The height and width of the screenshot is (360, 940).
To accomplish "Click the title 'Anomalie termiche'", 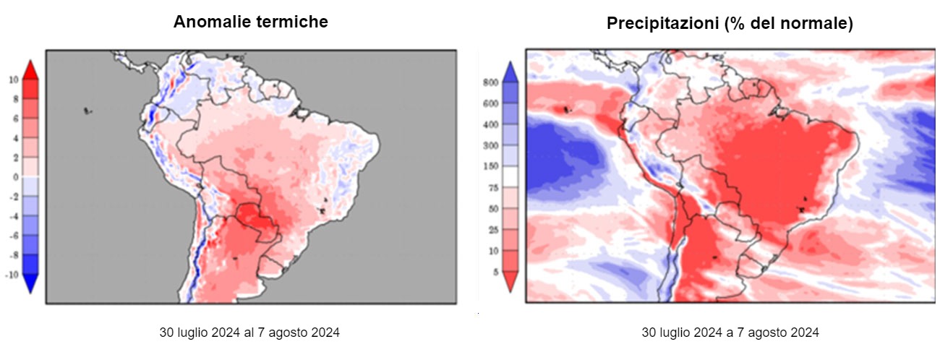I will [x=250, y=22].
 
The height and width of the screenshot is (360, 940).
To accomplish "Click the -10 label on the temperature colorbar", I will [x=12, y=275].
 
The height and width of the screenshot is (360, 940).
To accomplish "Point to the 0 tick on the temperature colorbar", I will [x=15, y=177].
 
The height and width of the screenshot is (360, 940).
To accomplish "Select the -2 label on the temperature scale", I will [x=14, y=197].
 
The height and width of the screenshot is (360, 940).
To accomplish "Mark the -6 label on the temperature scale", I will [x=14, y=236].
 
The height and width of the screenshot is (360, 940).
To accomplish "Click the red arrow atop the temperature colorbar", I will [x=30, y=69].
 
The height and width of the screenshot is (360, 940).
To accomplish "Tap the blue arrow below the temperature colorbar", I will [x=30, y=284].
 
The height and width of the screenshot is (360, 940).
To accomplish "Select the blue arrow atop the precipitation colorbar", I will [x=510, y=71].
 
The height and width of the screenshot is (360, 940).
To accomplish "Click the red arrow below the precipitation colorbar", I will [x=510, y=281].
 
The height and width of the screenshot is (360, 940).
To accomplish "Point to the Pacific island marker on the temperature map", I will [x=87, y=111].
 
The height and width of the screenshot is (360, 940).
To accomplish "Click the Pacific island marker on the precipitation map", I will [x=565, y=110].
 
